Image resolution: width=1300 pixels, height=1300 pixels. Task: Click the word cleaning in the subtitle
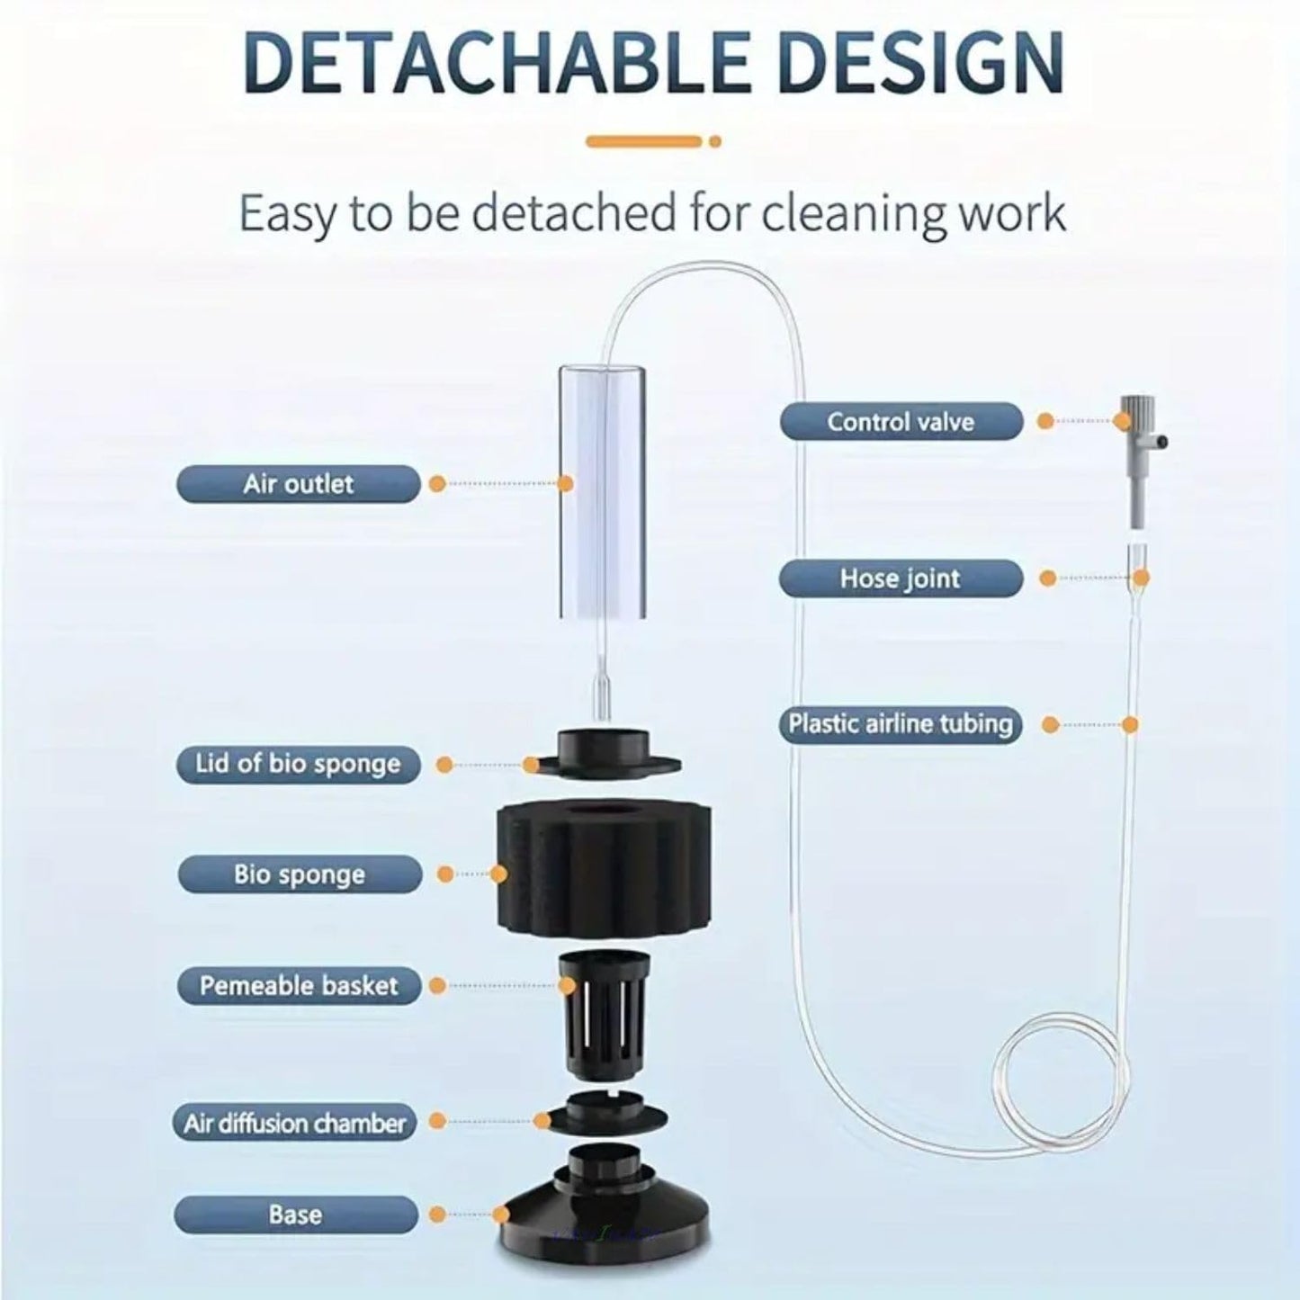click(845, 213)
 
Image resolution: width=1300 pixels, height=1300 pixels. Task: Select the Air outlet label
click(298, 484)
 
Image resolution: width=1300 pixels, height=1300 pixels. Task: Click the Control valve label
click(901, 422)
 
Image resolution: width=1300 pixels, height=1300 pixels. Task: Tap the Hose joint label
click(901, 578)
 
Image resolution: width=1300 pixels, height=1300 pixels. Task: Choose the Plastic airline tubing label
click(901, 724)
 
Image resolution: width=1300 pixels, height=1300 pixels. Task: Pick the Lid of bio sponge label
click(298, 764)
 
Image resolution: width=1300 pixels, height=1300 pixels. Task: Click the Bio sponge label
click(299, 874)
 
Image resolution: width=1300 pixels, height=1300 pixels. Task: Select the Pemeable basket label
click(299, 986)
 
